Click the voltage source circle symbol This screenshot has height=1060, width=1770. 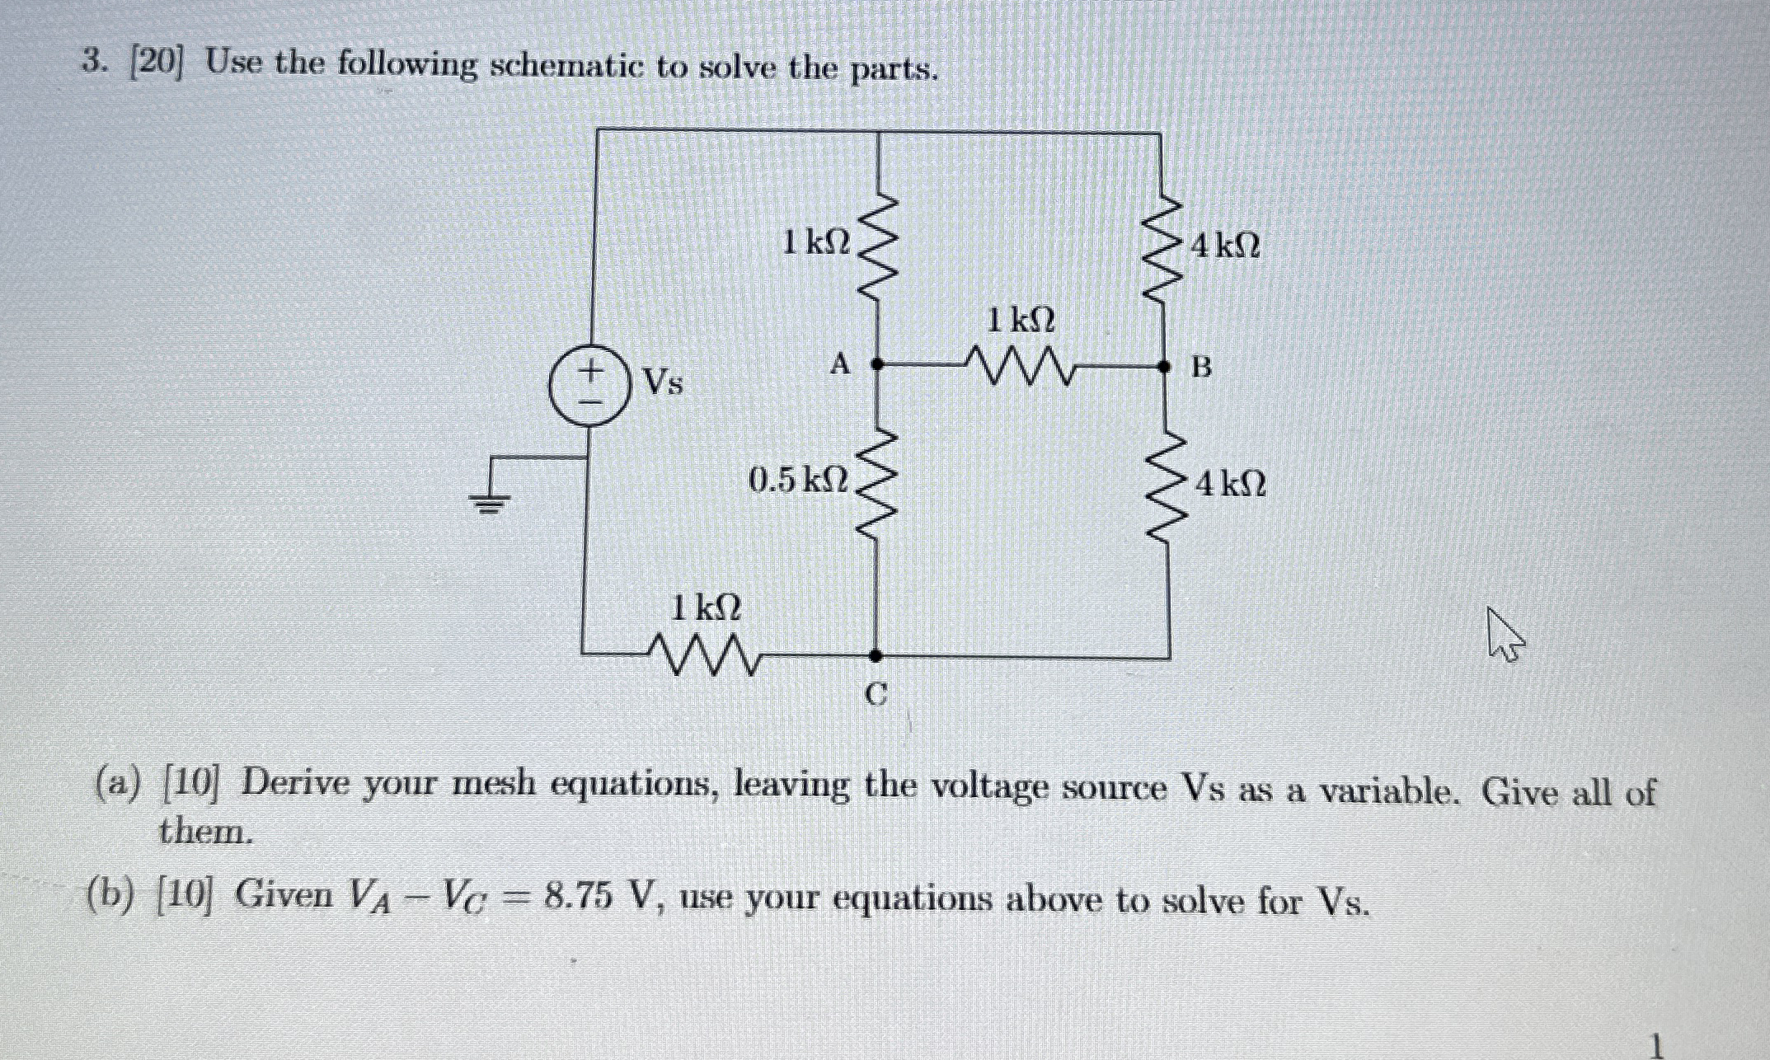coord(589,386)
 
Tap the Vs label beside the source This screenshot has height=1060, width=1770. coord(663,382)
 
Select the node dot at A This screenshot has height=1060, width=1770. coord(877,363)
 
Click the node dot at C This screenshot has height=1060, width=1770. coord(876,655)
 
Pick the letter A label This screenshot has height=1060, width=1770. coord(839,363)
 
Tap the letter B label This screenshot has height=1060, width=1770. coord(1202,368)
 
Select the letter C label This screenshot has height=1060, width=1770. coord(876,697)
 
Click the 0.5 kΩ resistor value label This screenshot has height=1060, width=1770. coord(797,480)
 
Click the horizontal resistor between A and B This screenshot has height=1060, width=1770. coord(1019,365)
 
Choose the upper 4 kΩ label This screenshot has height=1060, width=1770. coord(1226,246)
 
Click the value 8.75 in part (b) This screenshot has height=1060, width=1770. coord(578,897)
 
